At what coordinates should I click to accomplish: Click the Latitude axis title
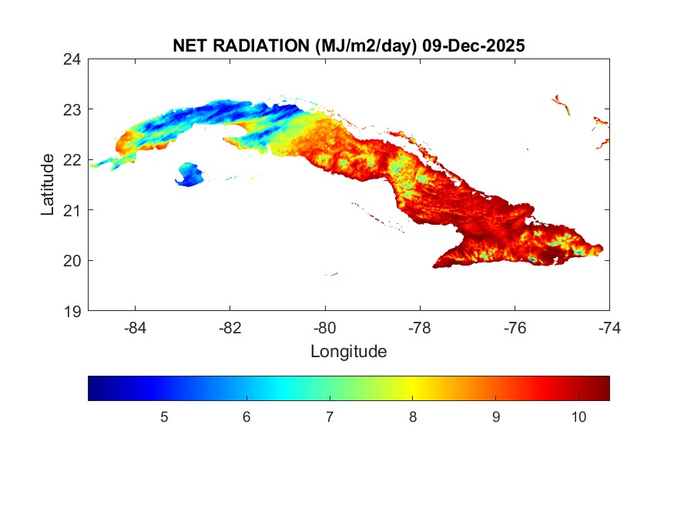click(48, 184)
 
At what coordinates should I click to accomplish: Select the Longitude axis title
click(348, 352)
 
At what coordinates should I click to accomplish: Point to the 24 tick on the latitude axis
click(73, 59)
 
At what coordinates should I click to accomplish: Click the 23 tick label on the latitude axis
click(73, 109)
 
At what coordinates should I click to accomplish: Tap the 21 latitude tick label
click(73, 209)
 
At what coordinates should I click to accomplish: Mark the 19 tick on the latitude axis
click(73, 311)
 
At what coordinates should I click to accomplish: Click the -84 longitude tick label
click(136, 327)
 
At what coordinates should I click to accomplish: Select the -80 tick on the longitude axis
click(325, 327)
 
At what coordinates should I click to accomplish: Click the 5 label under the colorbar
click(163, 416)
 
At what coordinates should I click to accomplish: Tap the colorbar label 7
click(330, 416)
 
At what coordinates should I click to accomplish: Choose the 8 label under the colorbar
click(413, 416)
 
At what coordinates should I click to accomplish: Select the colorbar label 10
click(579, 416)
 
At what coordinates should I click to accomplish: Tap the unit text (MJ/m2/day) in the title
click(366, 45)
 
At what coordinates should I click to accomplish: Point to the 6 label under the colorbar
click(246, 416)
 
